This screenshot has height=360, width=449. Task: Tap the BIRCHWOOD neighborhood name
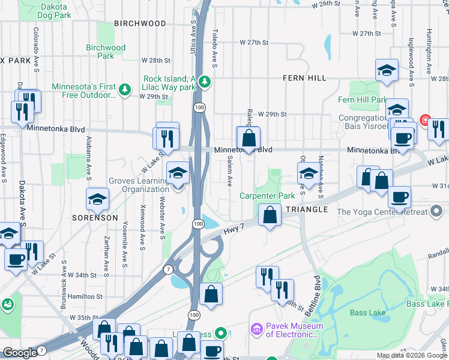(x=140, y=23)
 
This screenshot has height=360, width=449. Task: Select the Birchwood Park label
(x=106, y=52)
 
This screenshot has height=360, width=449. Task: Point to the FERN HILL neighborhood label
(x=304, y=78)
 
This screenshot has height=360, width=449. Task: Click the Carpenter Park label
(x=267, y=196)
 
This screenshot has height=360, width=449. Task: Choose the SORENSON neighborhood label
(x=95, y=218)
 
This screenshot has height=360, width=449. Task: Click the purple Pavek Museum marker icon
(x=257, y=329)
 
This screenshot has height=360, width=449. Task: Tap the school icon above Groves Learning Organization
(x=177, y=173)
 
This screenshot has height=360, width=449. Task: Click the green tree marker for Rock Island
(x=205, y=81)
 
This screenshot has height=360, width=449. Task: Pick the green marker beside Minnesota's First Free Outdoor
(x=125, y=90)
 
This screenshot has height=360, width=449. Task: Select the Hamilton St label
(x=86, y=296)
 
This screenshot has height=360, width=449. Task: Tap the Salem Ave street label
(x=230, y=170)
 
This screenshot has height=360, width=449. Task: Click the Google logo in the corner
(x=20, y=353)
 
